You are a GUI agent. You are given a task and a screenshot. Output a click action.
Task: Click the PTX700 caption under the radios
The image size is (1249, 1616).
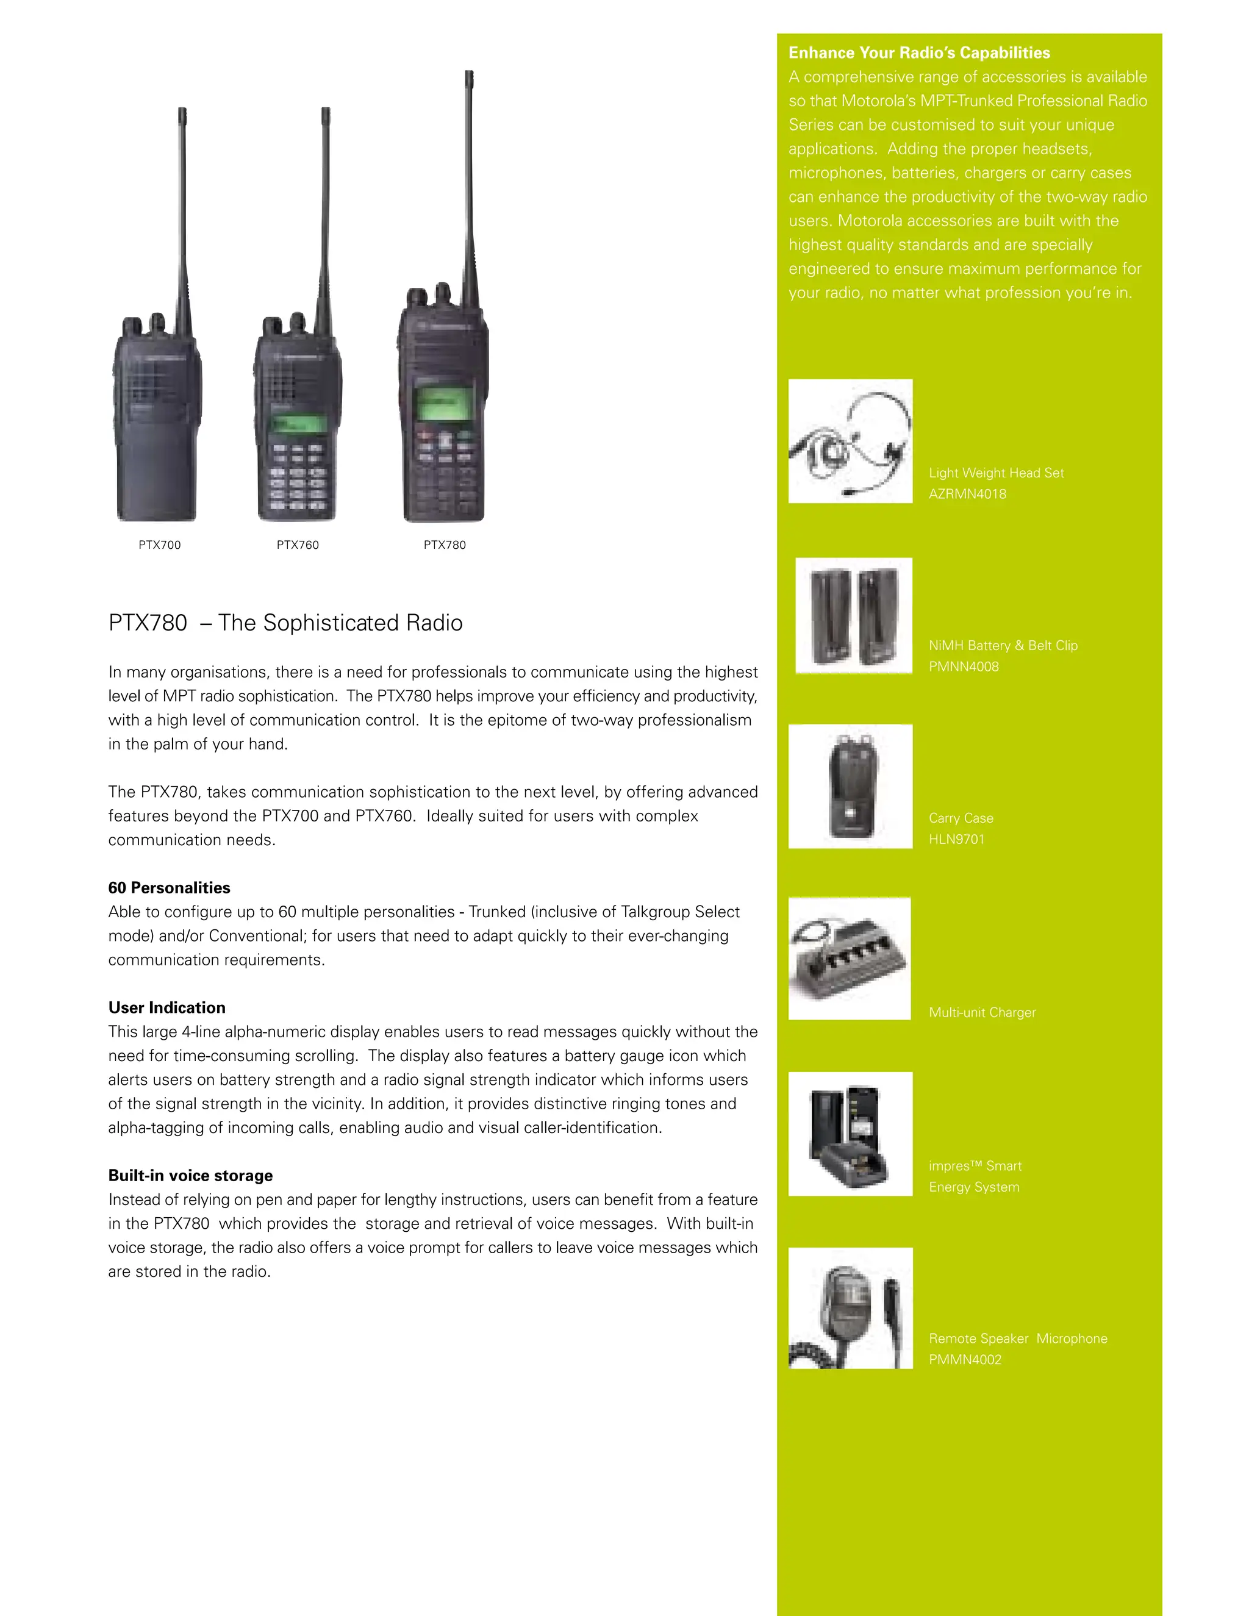160,545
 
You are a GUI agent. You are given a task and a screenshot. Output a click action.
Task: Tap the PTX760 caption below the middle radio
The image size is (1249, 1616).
298,545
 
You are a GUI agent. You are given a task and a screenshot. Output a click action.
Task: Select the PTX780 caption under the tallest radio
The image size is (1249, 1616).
445,545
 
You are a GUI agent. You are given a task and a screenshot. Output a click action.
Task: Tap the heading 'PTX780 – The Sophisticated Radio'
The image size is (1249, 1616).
285,623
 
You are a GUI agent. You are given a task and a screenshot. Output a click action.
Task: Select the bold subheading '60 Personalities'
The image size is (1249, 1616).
169,888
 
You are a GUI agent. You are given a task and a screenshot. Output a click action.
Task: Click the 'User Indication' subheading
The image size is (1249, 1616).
166,1008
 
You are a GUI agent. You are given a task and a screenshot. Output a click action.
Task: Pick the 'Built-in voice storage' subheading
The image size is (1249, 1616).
190,1176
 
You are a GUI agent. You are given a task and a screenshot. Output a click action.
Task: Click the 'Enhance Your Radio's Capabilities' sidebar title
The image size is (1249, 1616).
919,52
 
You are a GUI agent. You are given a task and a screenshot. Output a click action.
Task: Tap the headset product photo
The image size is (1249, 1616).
850,441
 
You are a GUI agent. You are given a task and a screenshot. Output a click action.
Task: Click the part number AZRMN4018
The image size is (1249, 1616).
967,495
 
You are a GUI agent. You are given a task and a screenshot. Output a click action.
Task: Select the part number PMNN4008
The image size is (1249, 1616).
964,667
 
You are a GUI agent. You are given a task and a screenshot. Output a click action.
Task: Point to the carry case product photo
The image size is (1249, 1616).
850,787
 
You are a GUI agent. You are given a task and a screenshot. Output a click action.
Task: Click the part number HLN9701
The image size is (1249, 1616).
957,839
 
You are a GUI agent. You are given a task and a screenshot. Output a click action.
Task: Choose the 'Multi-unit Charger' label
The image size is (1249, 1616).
982,1012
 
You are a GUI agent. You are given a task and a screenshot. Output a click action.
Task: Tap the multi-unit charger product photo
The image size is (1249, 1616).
850,959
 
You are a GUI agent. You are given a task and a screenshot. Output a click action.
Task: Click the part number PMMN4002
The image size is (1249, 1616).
965,1359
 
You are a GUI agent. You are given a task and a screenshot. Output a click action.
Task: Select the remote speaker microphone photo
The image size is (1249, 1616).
850,1308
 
